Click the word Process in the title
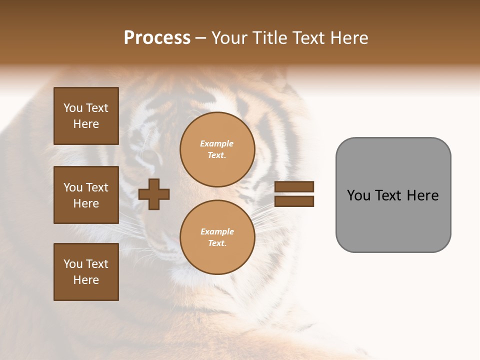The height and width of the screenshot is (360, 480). coord(157,38)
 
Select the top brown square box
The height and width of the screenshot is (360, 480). coord(86,116)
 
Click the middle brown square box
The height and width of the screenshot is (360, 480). coord(86,195)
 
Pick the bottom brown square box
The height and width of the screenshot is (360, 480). coord(86,272)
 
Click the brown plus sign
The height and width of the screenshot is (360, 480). coord(154,194)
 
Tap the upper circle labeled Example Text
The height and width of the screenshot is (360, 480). coord(217,149)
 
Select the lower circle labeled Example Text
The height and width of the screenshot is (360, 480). coord(217,237)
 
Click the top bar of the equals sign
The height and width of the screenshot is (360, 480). coord(294,187)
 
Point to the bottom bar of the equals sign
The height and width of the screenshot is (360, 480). coord(294,201)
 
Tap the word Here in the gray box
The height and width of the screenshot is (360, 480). coord(422,195)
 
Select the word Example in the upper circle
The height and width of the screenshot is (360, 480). coord(217,143)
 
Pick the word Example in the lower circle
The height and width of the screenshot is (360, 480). coord(217,231)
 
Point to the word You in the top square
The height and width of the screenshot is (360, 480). coord(72,108)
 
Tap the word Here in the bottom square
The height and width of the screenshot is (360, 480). coord(86,280)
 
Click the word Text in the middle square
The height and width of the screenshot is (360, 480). coord(97,187)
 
